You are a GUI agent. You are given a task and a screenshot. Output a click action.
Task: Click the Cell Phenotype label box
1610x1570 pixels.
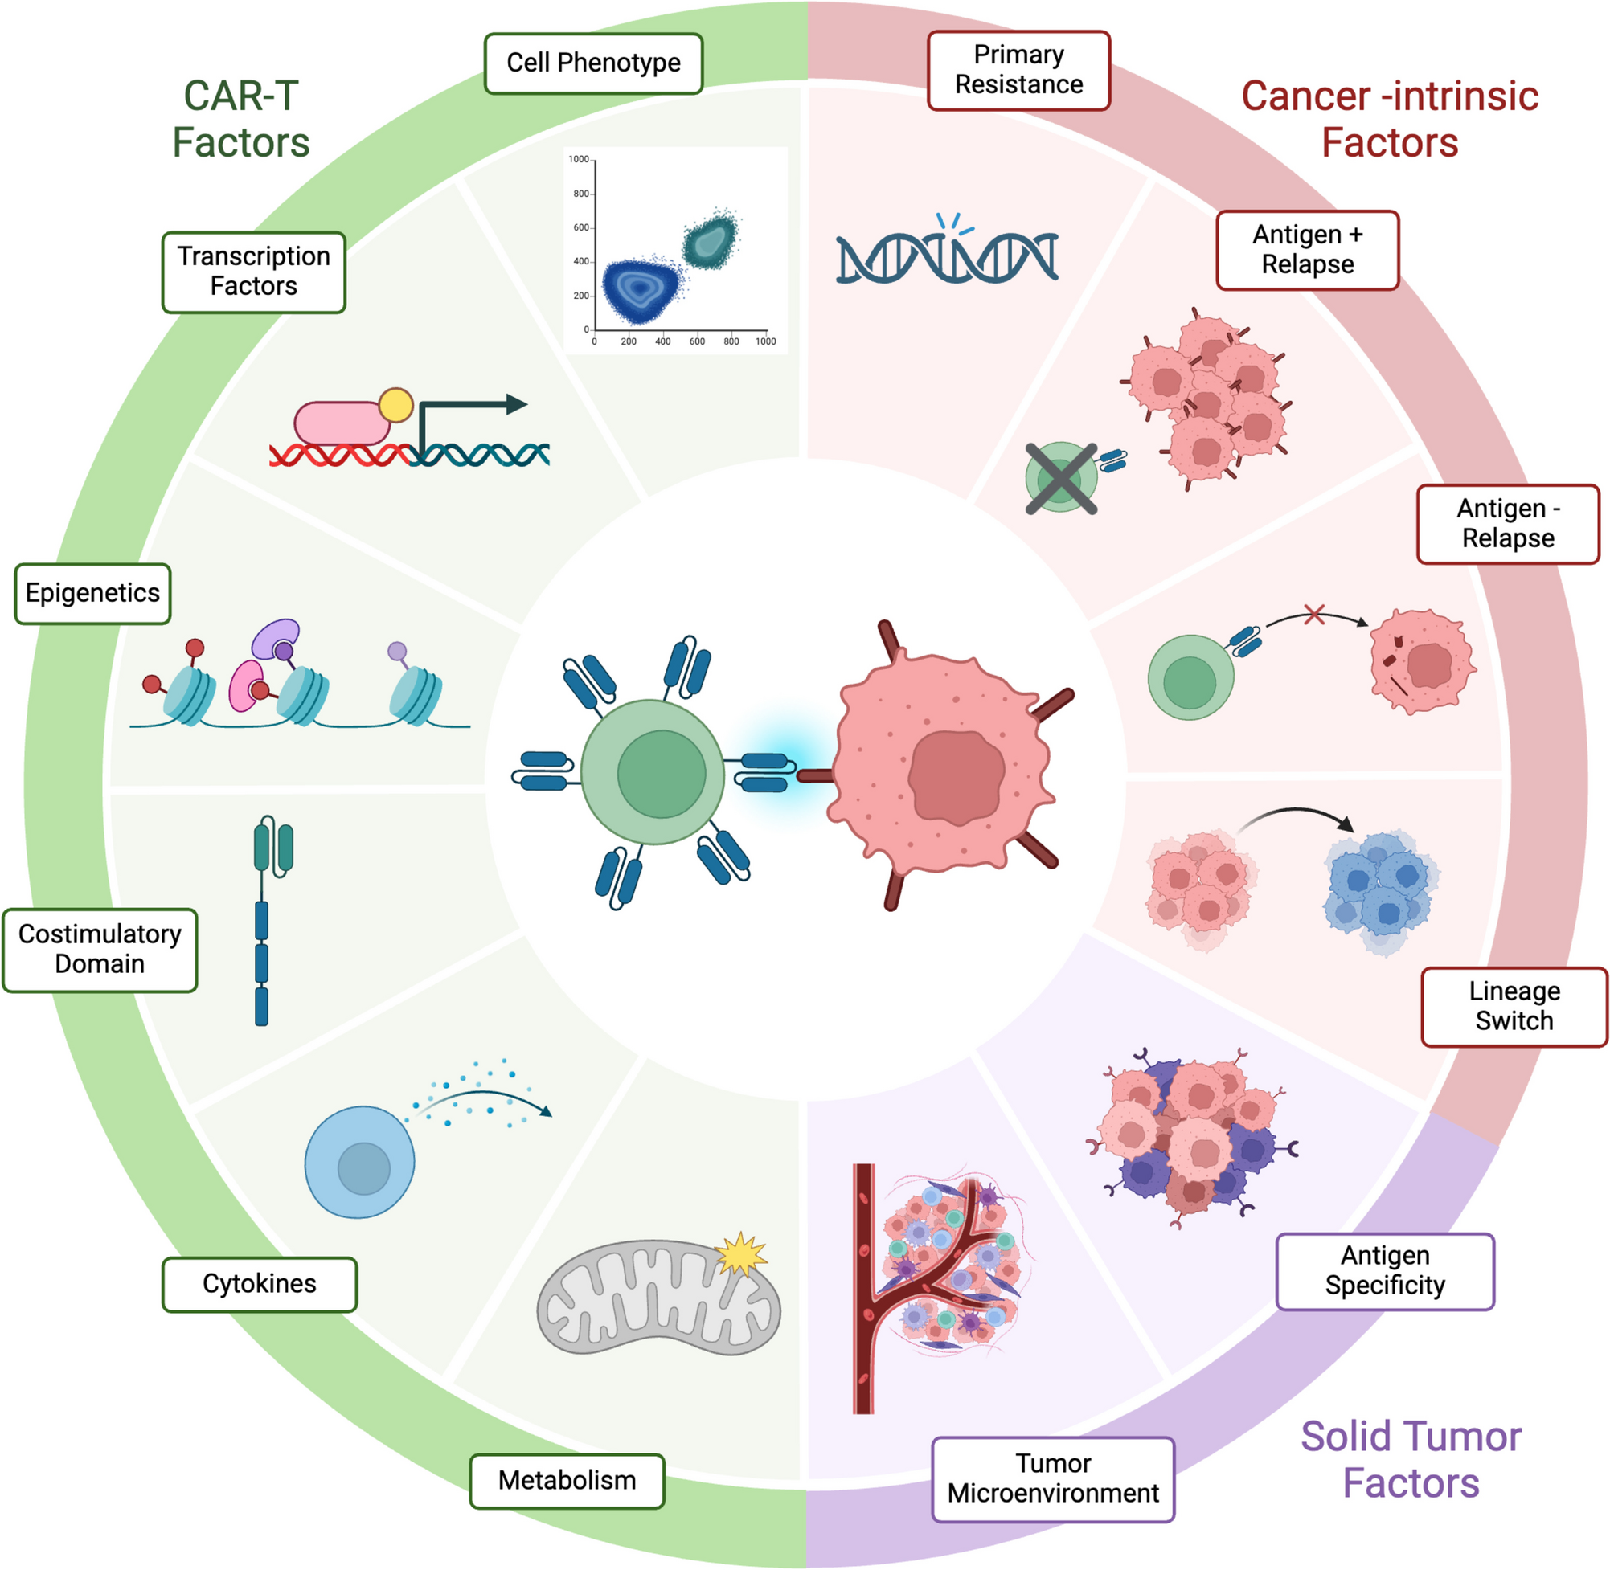pyautogui.click(x=593, y=63)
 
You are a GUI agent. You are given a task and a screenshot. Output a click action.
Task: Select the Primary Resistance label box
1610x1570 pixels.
pyautogui.click(x=1018, y=70)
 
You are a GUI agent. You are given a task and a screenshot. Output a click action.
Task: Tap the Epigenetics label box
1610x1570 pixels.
pyautogui.click(x=92, y=593)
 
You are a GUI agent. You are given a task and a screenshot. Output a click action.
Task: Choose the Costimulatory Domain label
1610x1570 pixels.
pyautogui.click(x=100, y=949)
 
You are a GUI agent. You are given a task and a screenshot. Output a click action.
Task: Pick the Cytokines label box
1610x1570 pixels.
pyautogui.click(x=259, y=1284)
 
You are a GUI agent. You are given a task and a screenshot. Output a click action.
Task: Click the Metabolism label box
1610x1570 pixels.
pyautogui.click(x=567, y=1480)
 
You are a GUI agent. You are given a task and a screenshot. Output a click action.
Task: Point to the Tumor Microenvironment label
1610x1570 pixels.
pyautogui.click(x=1052, y=1478)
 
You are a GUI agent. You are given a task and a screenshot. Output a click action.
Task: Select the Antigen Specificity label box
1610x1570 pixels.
pyautogui.click(x=1385, y=1270)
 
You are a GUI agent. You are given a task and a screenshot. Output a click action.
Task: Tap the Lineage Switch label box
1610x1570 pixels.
pyautogui.click(x=1514, y=1006)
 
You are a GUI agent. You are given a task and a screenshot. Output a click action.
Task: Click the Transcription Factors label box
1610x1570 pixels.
pyautogui.click(x=253, y=272)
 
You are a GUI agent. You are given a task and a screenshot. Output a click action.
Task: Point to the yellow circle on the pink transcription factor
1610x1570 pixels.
pyautogui.click(x=396, y=405)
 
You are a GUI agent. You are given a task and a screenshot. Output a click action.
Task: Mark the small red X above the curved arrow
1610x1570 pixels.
pyautogui.click(x=1314, y=615)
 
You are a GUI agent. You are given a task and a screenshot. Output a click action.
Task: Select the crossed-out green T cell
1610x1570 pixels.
pyautogui.click(x=1061, y=478)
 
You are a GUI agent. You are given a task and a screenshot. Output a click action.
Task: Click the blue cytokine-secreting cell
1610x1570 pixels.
pyautogui.click(x=359, y=1162)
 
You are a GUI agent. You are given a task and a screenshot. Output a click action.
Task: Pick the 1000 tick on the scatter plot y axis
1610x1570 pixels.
pyautogui.click(x=579, y=159)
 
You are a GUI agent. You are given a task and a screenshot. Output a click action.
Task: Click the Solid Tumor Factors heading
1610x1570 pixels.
pyautogui.click(x=1411, y=1458)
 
